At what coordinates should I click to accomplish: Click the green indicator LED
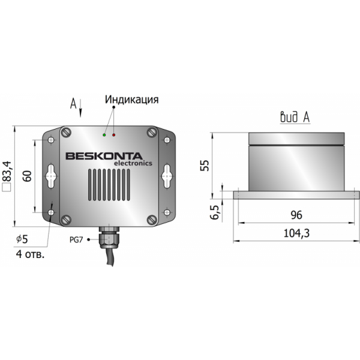[104, 135]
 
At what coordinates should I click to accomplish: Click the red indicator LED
[113, 135]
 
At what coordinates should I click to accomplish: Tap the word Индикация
[131, 100]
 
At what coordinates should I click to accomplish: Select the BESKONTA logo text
[104, 156]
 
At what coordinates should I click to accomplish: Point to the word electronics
[133, 163]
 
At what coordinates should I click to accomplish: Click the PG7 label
[76, 240]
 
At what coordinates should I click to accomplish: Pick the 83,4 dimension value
[7, 172]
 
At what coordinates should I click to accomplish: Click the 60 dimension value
[28, 176]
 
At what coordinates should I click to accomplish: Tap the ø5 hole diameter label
[22, 239]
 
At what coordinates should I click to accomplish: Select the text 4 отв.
[30, 254]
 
